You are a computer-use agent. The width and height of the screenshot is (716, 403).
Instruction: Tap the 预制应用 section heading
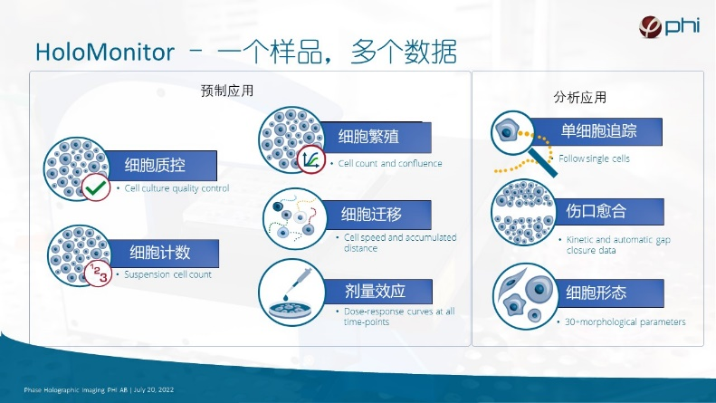[227, 91]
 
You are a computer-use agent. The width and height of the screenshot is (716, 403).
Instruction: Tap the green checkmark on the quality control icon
[96, 189]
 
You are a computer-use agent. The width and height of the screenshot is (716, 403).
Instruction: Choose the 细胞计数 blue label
[161, 251]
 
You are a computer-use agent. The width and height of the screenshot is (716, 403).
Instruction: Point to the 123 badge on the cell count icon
[97, 273]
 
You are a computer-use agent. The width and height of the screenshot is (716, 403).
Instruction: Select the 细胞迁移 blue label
[371, 215]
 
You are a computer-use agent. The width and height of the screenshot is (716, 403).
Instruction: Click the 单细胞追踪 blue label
[598, 130]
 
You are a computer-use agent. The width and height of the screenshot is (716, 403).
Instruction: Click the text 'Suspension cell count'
[167, 274]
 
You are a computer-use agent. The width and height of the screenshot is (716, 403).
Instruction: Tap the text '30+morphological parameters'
[625, 321]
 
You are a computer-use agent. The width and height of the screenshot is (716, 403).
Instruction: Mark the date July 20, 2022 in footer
[155, 389]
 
